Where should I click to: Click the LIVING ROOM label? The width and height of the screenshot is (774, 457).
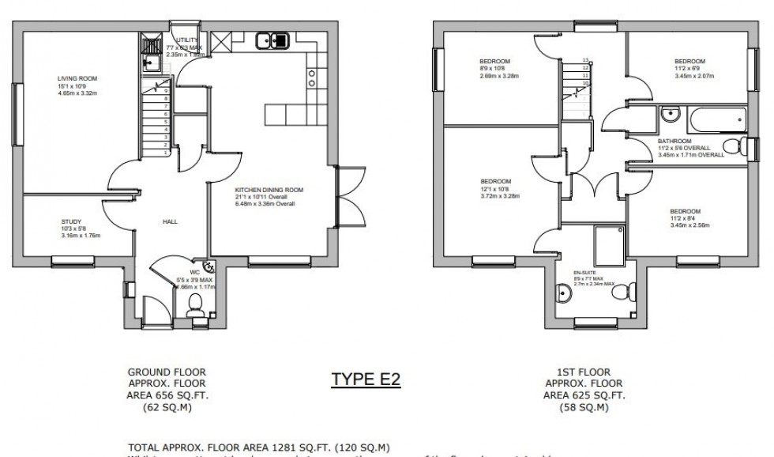(x=77, y=78)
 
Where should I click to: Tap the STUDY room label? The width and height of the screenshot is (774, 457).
(x=71, y=222)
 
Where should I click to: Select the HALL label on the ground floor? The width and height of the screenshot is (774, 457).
(x=169, y=222)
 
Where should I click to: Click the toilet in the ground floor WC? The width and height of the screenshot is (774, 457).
(x=195, y=315)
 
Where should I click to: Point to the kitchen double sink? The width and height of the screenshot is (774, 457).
(x=275, y=39)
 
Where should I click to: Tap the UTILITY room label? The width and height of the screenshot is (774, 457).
(x=187, y=39)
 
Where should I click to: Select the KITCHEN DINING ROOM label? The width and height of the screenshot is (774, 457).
(x=269, y=191)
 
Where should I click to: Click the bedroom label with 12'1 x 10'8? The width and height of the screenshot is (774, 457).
(x=495, y=181)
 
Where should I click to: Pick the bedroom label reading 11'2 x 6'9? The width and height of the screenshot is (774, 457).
(x=689, y=61)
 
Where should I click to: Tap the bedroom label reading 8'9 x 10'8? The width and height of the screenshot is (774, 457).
(x=495, y=61)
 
